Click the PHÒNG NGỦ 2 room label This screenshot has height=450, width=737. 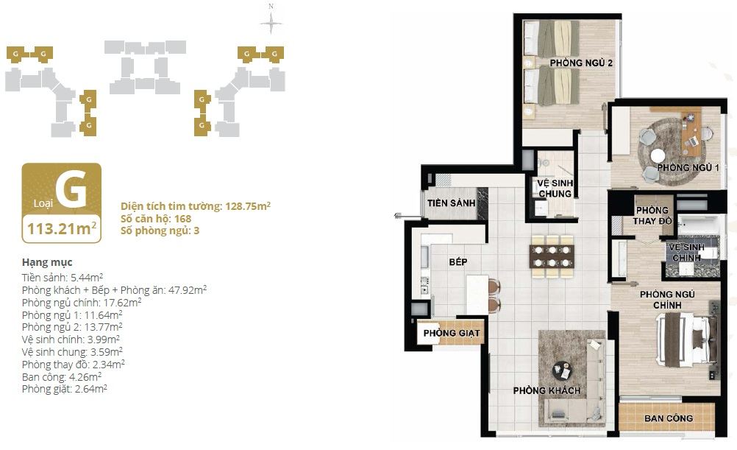click(581, 63)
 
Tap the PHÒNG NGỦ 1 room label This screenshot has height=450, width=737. click(688, 167)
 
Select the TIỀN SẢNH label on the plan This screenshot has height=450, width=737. click(451, 203)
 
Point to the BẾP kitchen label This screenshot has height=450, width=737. click(457, 261)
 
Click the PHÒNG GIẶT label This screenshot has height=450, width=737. click(452, 333)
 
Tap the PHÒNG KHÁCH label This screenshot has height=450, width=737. click(546, 390)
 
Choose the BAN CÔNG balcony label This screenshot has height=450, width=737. click(669, 418)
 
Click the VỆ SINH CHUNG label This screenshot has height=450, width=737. click(555, 189)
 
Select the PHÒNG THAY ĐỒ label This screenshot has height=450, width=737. click(652, 216)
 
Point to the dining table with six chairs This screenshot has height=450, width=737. click(552, 256)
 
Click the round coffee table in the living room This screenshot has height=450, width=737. click(562, 371)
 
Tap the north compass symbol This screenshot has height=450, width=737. click(271, 21)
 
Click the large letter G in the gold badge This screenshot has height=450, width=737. click(71, 189)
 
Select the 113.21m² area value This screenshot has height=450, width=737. click(62, 229)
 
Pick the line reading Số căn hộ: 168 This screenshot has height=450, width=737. click(156, 219)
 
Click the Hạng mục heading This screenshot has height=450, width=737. click(47, 262)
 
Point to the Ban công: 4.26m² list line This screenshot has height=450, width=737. click(62, 376)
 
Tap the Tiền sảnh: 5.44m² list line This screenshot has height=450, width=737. click(63, 277)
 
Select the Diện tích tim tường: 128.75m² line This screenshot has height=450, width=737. click(196, 206)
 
